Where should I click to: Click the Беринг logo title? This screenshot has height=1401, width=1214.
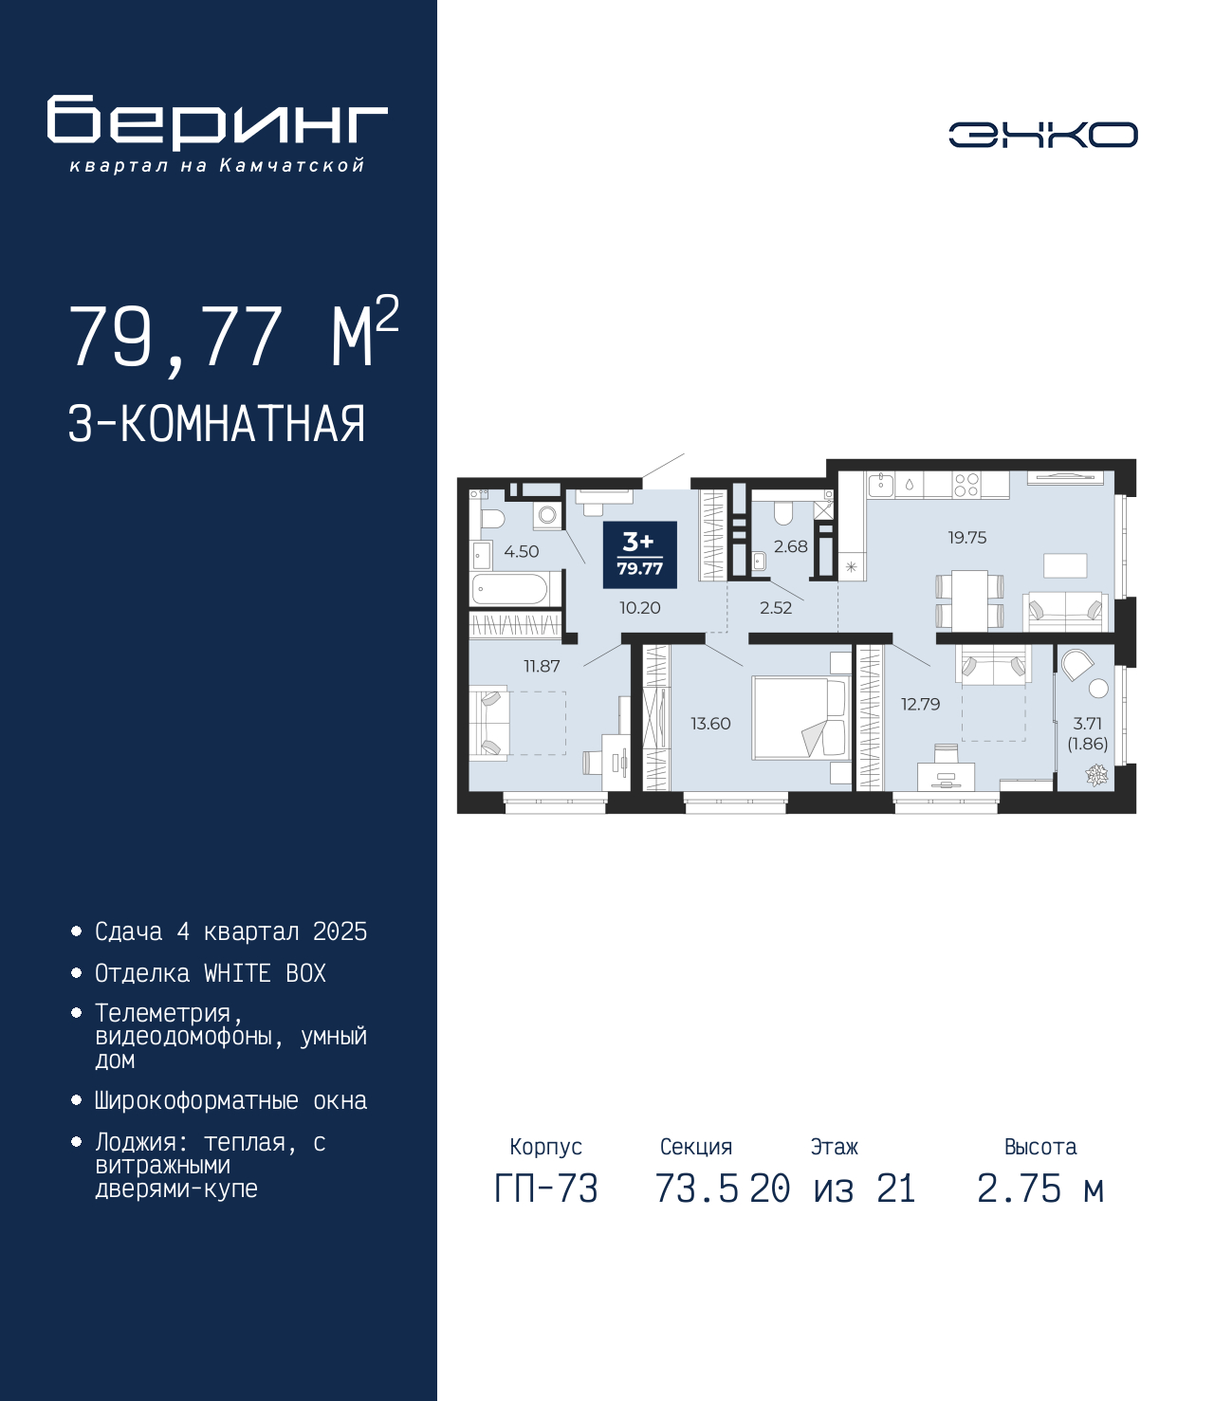(x=217, y=122)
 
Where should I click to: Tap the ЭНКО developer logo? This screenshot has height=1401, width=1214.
(x=1042, y=134)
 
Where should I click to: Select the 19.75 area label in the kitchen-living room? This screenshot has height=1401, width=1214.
(x=966, y=538)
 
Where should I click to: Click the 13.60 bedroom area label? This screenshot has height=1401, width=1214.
(x=710, y=723)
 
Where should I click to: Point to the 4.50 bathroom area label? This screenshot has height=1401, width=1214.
(x=522, y=551)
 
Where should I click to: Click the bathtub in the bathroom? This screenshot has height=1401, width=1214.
(x=515, y=589)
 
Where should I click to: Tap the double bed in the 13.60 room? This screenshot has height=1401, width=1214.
(x=800, y=717)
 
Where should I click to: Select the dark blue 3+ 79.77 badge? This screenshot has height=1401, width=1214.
(x=640, y=555)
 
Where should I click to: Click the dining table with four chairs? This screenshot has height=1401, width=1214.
(x=969, y=599)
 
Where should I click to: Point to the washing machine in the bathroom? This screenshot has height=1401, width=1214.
(x=547, y=514)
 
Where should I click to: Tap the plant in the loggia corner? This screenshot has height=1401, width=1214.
(x=1094, y=775)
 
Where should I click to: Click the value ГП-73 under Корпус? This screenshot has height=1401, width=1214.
(x=545, y=1189)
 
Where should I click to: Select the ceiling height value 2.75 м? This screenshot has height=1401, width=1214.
(x=1040, y=1189)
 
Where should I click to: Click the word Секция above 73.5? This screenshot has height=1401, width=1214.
(x=696, y=1147)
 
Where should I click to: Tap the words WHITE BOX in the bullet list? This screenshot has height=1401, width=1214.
(x=265, y=973)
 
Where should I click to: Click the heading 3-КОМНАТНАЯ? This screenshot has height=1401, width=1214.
(x=217, y=424)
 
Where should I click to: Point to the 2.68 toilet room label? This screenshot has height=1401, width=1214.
(x=790, y=546)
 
